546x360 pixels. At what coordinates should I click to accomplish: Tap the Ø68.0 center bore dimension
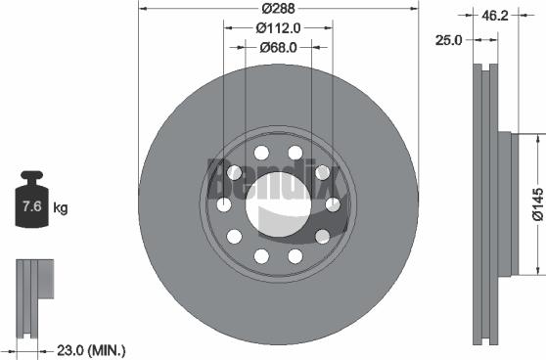[x=278, y=45]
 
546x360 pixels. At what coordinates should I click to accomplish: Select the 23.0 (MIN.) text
[x=91, y=349]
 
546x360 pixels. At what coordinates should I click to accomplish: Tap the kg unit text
[x=61, y=207]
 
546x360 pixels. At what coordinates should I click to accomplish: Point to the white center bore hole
[x=278, y=205]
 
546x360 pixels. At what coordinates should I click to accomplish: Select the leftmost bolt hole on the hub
[x=224, y=204]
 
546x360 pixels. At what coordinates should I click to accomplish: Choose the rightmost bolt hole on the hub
[x=333, y=204]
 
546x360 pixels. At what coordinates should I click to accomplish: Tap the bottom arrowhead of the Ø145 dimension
[x=536, y=271]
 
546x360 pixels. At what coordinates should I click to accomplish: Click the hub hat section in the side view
[x=504, y=204]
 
